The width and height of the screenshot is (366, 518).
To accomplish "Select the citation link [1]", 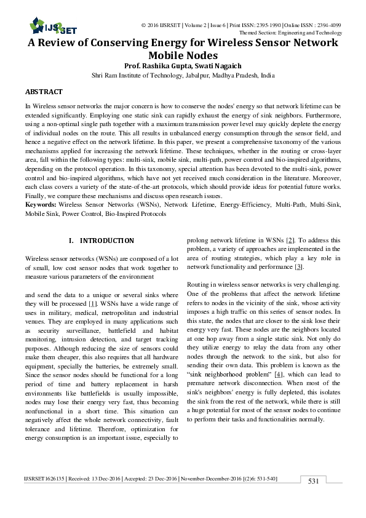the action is click(92, 305).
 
